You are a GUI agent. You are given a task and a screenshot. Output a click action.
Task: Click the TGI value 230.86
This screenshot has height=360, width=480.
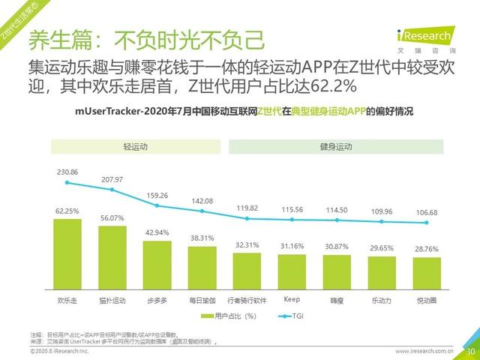pos(67,172)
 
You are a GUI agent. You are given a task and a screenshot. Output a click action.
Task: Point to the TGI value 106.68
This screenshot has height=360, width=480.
pos(427,211)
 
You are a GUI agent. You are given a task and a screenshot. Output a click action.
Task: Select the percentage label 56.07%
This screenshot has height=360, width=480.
pos(112,217)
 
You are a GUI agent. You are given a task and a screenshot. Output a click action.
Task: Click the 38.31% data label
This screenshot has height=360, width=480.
pos(202,237)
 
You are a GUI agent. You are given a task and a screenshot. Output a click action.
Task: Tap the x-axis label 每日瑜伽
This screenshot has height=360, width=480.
pos(202,300)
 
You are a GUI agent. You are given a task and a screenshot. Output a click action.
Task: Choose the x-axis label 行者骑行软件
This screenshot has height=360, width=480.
pos(247,300)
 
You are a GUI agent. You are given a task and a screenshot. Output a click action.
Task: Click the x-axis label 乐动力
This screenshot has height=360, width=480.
pos(382,300)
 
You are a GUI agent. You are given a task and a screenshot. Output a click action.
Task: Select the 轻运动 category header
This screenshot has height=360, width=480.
pos(135,146)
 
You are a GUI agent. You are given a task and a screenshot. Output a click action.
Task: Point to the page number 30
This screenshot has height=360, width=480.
pos(471,350)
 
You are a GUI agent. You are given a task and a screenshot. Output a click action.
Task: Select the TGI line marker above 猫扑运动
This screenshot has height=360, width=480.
pos(112,190)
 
